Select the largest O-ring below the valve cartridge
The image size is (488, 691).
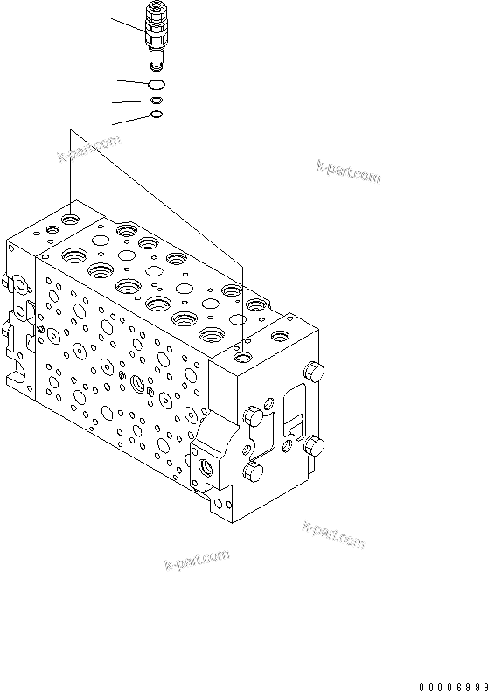pos(157,84)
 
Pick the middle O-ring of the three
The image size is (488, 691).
pos(157,101)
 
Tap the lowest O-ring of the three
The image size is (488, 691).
pos(157,115)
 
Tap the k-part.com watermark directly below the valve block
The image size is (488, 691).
pos(197,560)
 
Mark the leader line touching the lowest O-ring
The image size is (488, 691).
pos(131,121)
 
